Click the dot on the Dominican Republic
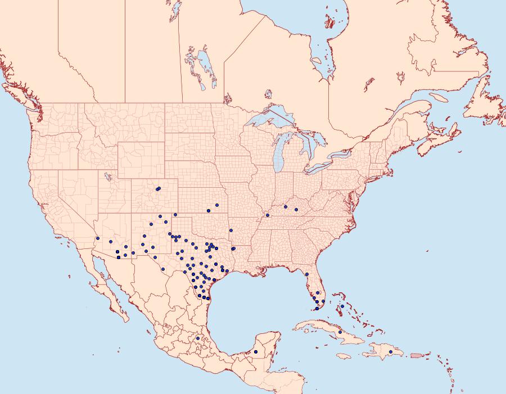[391, 352]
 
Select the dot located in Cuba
[340, 332]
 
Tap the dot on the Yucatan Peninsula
[256, 352]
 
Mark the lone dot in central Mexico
[198, 338]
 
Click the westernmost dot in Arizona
[97, 238]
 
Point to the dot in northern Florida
[307, 274]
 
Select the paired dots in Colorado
[159, 189]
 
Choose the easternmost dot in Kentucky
[296, 210]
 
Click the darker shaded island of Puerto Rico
[417, 355]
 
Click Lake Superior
[270, 119]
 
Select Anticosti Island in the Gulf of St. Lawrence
[439, 97]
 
